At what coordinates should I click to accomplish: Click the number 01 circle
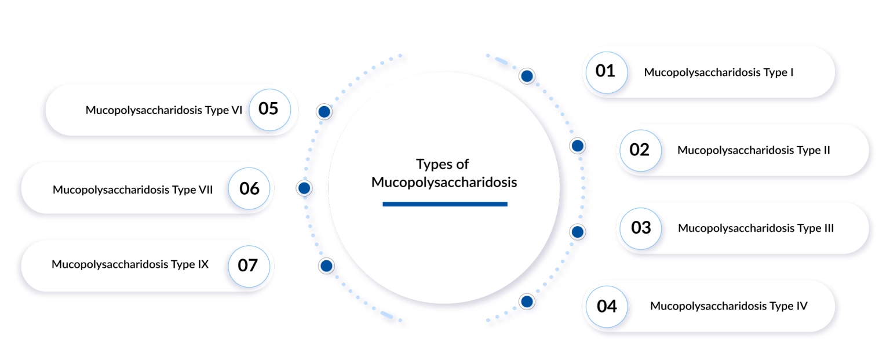point(606,72)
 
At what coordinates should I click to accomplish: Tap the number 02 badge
point(640,150)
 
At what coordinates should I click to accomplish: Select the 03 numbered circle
point(640,228)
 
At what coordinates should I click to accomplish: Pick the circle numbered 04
point(606,306)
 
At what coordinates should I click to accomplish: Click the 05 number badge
point(270,110)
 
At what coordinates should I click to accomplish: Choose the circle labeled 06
point(249,188)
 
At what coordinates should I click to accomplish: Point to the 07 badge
point(249,266)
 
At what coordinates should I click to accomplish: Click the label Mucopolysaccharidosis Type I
point(718,72)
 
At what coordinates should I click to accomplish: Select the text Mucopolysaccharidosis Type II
point(754,151)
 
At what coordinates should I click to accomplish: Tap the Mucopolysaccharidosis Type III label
point(756,228)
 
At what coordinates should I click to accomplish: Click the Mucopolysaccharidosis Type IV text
point(729,306)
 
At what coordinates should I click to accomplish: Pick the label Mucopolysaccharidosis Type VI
point(164,111)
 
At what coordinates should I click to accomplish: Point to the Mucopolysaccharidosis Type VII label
point(133,190)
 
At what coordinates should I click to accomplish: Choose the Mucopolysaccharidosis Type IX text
point(130,264)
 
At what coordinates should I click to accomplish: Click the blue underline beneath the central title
point(445,204)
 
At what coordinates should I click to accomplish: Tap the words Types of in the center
point(443,164)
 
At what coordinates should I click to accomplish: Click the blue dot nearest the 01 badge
point(527,76)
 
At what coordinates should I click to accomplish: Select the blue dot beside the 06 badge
point(304,188)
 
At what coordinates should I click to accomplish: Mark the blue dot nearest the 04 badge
point(527,301)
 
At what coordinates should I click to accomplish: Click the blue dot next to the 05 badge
point(324,112)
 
